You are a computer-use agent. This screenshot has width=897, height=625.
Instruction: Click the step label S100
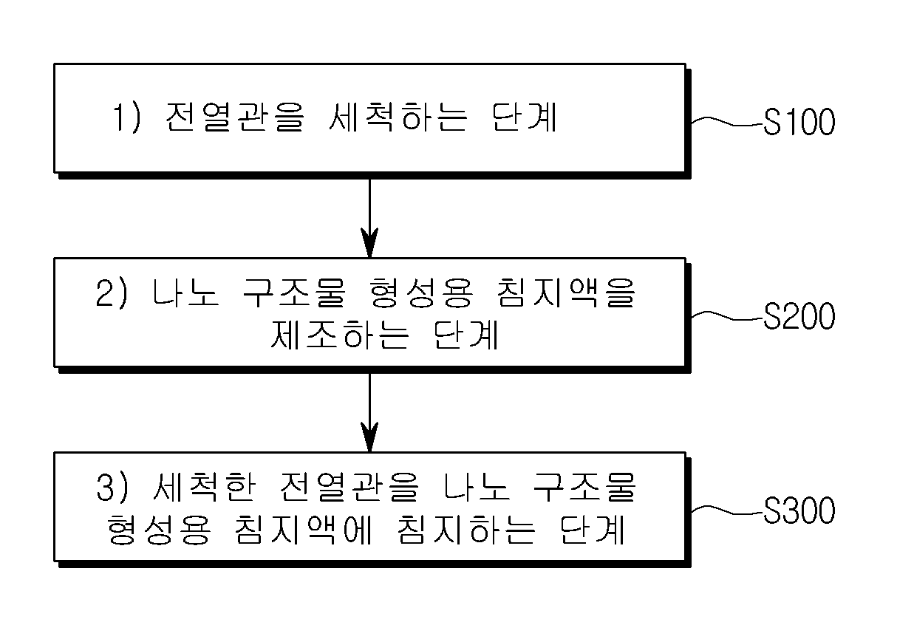click(x=799, y=122)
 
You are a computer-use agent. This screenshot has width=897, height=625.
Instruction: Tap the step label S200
click(x=799, y=316)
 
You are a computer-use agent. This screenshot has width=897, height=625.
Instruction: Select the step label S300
click(x=799, y=510)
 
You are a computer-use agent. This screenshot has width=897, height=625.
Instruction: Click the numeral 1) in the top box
click(x=126, y=117)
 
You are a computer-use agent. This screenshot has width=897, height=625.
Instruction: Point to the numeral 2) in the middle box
click(x=112, y=293)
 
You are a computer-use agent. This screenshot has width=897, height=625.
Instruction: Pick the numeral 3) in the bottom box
click(x=112, y=488)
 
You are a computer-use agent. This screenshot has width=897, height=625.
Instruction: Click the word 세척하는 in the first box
click(x=398, y=117)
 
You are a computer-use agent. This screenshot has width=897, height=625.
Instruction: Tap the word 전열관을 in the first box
click(x=235, y=117)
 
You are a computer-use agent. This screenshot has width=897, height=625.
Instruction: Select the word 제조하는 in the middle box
click(x=340, y=335)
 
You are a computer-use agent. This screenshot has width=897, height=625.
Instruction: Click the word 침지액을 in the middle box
click(x=565, y=293)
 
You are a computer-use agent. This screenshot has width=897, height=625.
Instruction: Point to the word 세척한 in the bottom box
click(x=204, y=488)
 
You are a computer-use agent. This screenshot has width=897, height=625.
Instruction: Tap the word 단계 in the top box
click(x=525, y=117)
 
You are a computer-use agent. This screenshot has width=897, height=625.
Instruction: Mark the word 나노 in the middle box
click(x=185, y=293)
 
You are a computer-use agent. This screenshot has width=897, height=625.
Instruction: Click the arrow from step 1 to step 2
click(x=369, y=218)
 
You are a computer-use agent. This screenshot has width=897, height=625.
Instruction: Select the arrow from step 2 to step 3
click(x=369, y=413)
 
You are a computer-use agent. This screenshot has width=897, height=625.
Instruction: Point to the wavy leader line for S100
click(x=728, y=122)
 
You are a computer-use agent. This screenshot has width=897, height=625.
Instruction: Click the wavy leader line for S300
click(x=728, y=510)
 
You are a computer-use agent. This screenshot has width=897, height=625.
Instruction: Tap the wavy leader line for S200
click(x=728, y=316)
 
